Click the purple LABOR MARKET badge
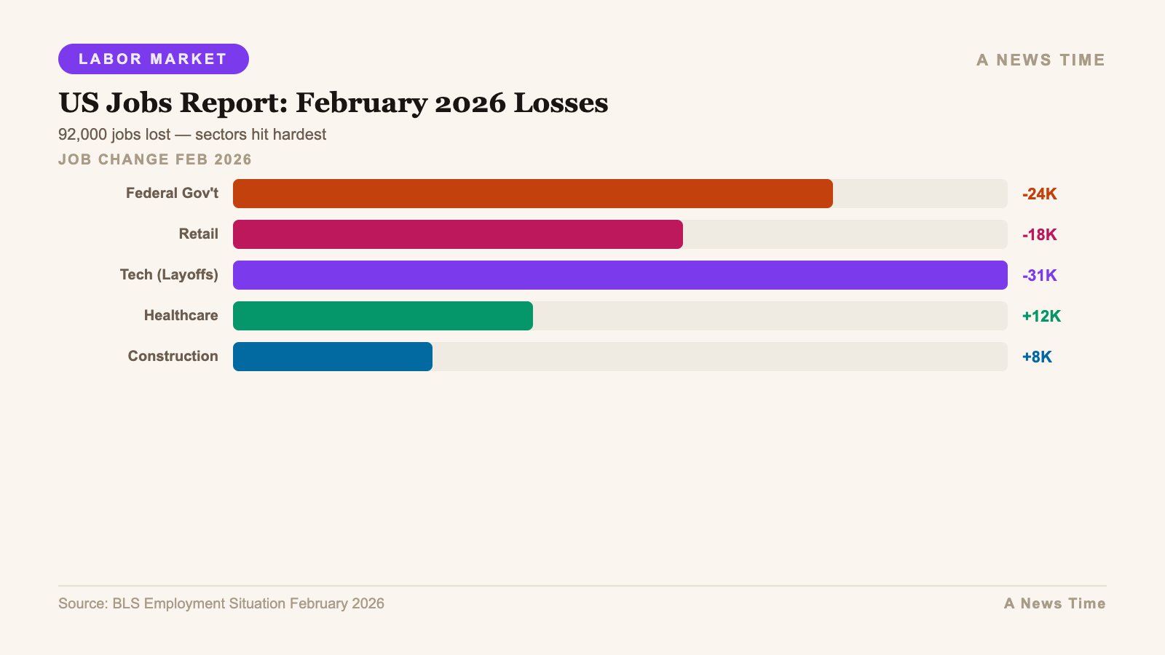(153, 59)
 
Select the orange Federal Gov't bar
(532, 194)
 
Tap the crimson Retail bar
(457, 234)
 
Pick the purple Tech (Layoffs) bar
(620, 275)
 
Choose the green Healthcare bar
(382, 316)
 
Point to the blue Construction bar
(332, 357)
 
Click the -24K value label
(1039, 194)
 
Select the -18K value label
(1039, 235)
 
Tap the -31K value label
(1039, 276)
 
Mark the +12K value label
(1041, 317)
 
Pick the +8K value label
(1037, 357)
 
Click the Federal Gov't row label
(172, 194)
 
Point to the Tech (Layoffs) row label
(169, 275)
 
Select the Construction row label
(173, 357)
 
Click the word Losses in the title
(561, 103)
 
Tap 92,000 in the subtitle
(82, 135)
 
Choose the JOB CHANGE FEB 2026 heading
(155, 159)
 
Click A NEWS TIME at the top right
(1040, 60)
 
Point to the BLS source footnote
(221, 603)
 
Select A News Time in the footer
(1054, 603)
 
